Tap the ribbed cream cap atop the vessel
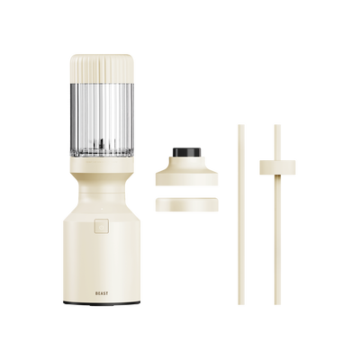tap(102, 68)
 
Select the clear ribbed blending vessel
tap(102, 120)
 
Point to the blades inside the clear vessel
tap(102, 147)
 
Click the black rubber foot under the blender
tap(102, 303)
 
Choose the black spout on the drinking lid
tap(186, 152)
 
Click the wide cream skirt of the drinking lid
tap(186, 175)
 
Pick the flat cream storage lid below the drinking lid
tap(186, 204)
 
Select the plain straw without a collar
tap(241, 214)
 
